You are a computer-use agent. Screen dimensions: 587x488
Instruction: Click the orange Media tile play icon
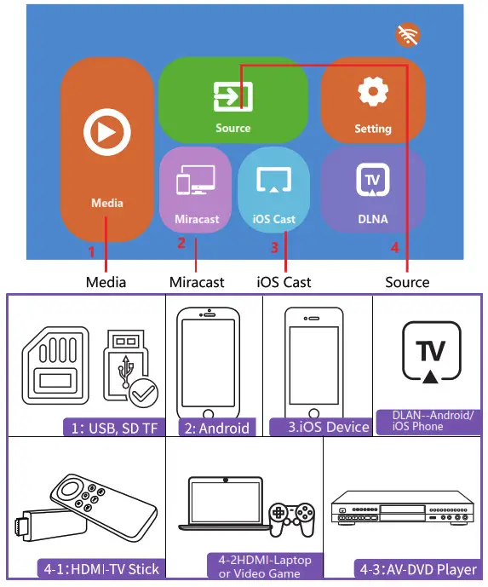click(x=106, y=132)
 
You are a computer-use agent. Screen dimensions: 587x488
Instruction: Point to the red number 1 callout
click(x=92, y=251)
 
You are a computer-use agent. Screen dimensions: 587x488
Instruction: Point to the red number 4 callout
click(x=394, y=248)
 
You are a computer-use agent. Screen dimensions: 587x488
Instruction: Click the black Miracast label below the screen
click(x=196, y=282)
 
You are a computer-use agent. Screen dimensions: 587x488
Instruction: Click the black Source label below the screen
click(x=407, y=282)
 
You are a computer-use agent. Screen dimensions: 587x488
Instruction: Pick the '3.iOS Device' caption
click(x=319, y=427)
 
